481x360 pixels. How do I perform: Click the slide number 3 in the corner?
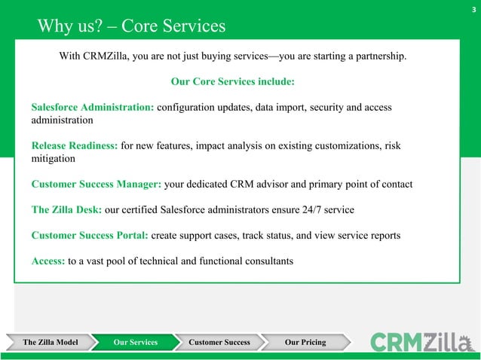click(473, 10)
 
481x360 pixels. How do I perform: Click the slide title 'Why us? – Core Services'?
click(132, 27)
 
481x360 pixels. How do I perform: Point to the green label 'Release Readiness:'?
click(75, 146)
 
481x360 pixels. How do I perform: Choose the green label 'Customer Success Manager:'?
click(94, 185)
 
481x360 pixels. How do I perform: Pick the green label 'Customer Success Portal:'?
click(90, 236)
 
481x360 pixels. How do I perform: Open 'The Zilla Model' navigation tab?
click(51, 343)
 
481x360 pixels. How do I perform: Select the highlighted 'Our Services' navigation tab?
click(136, 343)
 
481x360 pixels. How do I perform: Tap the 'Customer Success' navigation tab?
click(219, 343)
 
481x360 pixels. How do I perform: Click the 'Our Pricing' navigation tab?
click(305, 343)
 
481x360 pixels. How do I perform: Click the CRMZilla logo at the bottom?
click(423, 342)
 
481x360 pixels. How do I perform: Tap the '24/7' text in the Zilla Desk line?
click(314, 210)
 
